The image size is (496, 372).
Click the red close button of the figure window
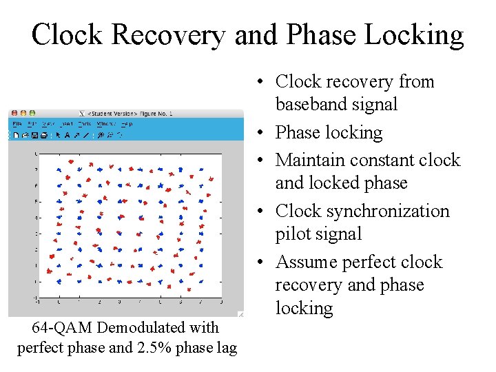(x=13, y=113)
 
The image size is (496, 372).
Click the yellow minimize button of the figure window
(x=23, y=113)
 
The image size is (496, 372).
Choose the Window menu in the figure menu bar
(x=106, y=124)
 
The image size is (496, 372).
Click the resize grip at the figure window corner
(x=240, y=314)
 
